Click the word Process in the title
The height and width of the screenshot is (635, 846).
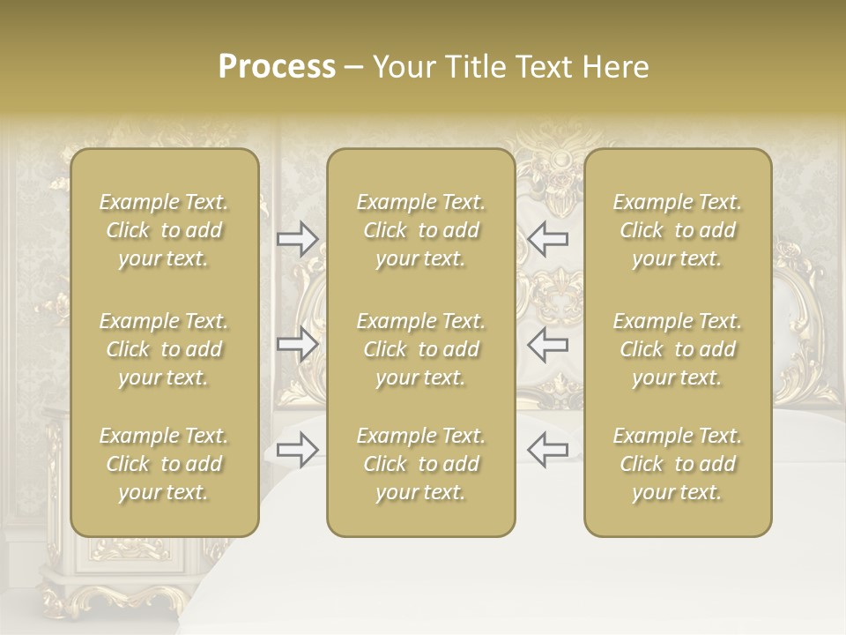(277, 67)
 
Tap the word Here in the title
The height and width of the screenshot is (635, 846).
(614, 67)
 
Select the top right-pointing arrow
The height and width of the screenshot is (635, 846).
(297, 239)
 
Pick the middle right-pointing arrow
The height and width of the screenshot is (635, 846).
(297, 344)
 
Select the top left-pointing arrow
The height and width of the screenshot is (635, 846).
(547, 239)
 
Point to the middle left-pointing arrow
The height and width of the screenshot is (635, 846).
(547, 344)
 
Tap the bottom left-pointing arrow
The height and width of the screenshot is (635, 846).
(547, 450)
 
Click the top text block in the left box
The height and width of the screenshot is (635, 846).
(164, 230)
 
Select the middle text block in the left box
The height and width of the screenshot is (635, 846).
(164, 349)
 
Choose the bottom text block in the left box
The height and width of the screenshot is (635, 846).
(164, 464)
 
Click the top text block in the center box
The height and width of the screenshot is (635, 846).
(420, 230)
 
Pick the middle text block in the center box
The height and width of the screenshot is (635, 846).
(420, 349)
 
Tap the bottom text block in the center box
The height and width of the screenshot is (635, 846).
(420, 464)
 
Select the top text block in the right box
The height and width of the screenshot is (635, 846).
(677, 230)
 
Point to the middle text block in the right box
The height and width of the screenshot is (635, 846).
(677, 349)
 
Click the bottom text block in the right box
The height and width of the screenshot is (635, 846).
(677, 464)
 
